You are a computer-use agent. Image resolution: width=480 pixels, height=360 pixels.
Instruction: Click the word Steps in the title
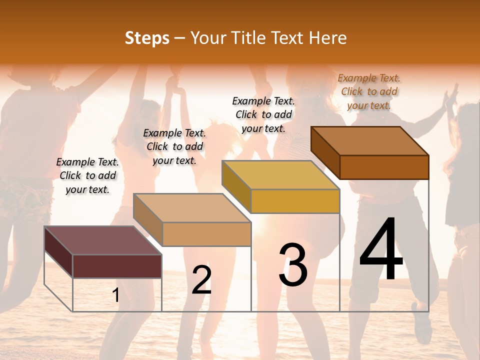point(147,38)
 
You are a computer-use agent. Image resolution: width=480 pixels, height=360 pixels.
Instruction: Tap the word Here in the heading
point(327,38)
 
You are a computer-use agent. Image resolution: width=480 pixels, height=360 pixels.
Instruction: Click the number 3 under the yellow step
point(293,265)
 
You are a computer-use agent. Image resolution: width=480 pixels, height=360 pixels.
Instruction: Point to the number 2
point(201,280)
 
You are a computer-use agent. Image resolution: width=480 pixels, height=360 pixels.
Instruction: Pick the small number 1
point(116,295)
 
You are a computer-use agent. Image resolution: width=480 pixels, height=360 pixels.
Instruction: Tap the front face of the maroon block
point(117,266)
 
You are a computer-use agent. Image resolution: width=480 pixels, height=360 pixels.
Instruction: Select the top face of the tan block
point(192,208)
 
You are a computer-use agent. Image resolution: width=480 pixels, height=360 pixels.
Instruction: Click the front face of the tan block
point(206,234)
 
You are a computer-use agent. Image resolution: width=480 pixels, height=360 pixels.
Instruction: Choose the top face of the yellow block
point(280,175)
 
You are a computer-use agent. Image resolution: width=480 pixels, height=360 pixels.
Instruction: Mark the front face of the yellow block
point(295,201)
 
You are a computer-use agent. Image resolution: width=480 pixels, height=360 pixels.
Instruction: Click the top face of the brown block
point(370,141)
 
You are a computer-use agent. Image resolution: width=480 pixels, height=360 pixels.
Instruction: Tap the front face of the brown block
point(384,167)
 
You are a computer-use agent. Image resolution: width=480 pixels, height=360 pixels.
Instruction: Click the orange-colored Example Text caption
point(369,91)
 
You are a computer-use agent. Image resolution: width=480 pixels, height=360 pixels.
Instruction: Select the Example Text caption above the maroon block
point(87,175)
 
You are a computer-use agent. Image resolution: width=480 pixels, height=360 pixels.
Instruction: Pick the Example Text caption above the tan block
point(174,146)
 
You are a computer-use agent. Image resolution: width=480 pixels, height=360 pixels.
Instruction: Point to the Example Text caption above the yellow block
point(263,114)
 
